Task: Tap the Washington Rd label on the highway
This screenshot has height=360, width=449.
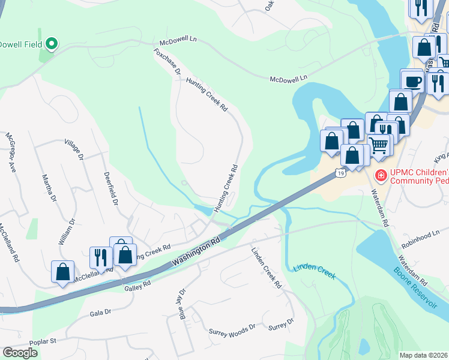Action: click(196, 251)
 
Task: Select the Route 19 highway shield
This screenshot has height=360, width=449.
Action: click(340, 173)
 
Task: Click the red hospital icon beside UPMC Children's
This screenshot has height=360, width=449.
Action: click(380, 175)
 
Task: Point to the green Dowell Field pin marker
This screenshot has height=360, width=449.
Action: click(52, 43)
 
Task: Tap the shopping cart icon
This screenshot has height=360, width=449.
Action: click(379, 144)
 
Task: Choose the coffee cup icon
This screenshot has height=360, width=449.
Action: click(413, 81)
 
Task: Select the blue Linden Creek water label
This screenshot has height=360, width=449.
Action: click(313, 271)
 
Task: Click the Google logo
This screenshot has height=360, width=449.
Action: click(20, 352)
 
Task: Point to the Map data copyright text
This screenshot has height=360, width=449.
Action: click(424, 355)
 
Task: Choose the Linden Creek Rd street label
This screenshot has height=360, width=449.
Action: click(267, 268)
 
